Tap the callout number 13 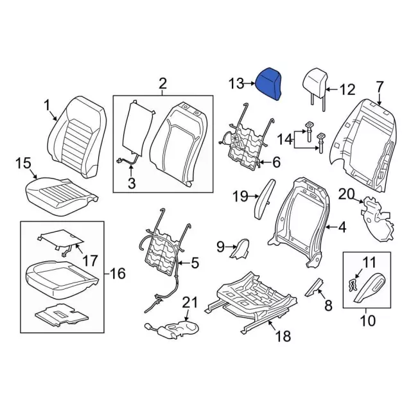pos(236,83)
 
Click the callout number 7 pos(379,86)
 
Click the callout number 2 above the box pos(162,83)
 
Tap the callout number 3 pos(132,185)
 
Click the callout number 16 pos(117,274)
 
